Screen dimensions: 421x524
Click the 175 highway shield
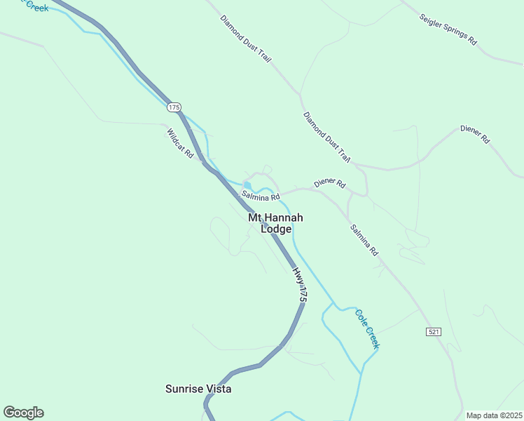coord(174,107)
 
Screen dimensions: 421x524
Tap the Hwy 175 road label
coord(300,284)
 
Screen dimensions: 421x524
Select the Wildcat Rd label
coord(180,142)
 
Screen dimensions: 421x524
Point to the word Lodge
coord(276,229)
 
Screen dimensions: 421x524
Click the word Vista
coord(218,388)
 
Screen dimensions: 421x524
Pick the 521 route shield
coord(434,331)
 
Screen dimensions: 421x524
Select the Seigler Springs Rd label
coord(448,29)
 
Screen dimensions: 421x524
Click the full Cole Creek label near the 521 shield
coord(367,329)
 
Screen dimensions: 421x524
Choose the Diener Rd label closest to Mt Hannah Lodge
coord(329,184)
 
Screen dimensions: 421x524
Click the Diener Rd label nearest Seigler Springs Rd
coord(474,134)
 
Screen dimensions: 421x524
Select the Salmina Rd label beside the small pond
coord(261,195)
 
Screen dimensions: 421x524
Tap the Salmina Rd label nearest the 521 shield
coord(364,239)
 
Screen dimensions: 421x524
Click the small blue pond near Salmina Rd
coord(247,185)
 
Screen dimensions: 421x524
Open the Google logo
coord(23,413)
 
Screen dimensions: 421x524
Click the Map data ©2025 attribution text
coord(493,415)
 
